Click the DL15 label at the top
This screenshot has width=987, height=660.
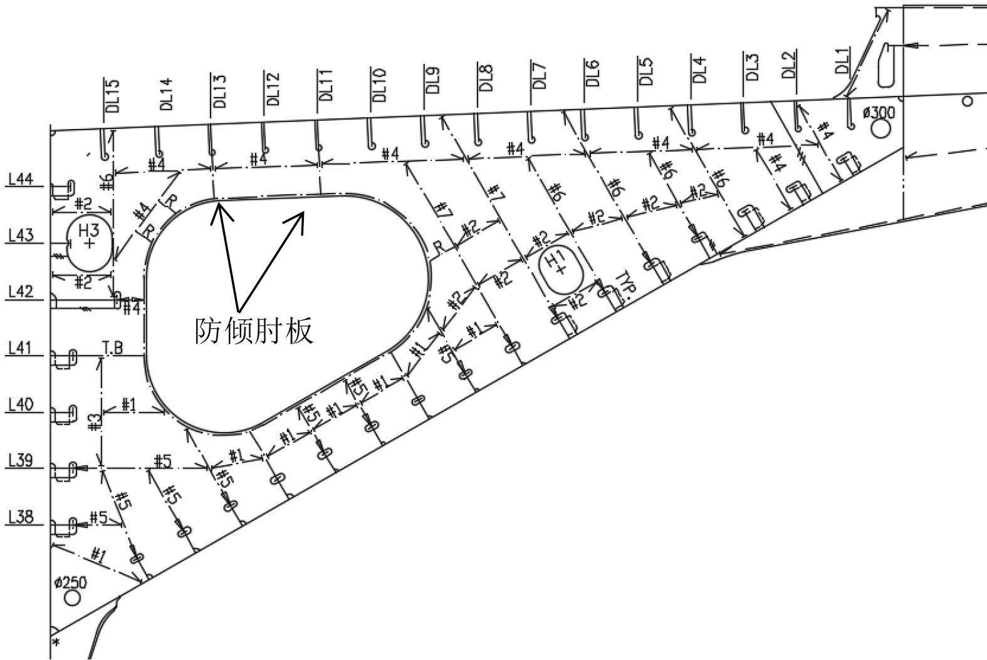click(112, 95)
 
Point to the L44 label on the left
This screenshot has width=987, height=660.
click(21, 180)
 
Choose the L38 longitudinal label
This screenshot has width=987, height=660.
click(21, 518)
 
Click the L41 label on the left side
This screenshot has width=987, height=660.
click(21, 348)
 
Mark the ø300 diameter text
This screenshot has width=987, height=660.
click(879, 113)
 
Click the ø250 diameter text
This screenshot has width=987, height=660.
click(70, 583)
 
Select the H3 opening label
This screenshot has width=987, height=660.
click(89, 229)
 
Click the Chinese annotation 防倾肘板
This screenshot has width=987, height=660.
click(254, 331)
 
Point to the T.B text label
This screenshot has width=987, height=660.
click(113, 348)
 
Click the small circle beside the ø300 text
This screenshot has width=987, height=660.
click(881, 129)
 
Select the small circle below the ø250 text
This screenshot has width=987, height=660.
click(73, 598)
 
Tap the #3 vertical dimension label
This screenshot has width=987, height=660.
click(94, 423)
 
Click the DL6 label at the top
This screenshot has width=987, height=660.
click(593, 74)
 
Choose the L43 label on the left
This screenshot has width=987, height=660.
click(21, 236)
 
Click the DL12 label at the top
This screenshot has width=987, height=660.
click(273, 89)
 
